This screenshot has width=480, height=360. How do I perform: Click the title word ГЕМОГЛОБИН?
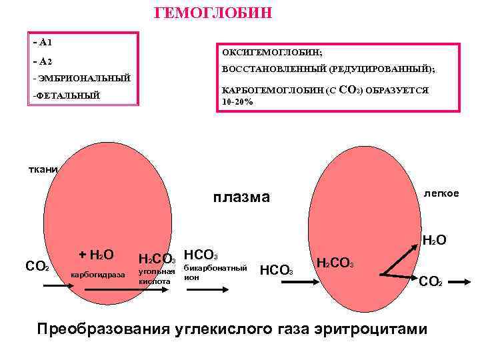click(x=213, y=13)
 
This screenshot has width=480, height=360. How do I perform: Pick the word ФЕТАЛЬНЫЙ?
click(x=67, y=96)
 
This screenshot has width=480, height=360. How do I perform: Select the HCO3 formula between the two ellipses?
click(x=276, y=271)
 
